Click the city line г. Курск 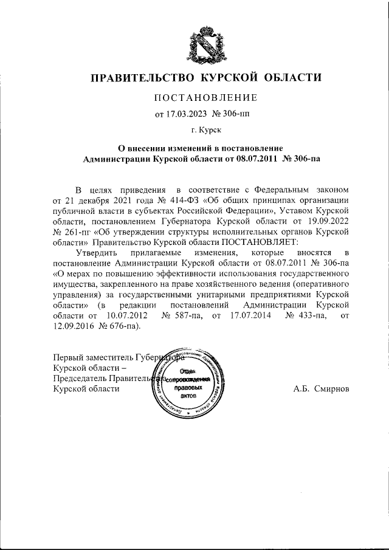coord(205,129)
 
